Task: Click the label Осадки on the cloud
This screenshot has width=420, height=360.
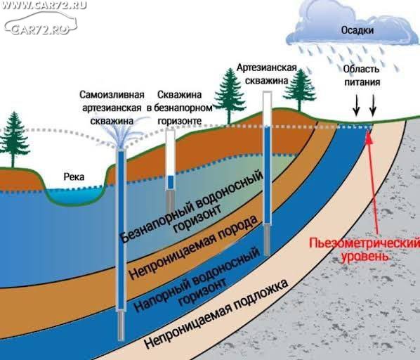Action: click(357, 30)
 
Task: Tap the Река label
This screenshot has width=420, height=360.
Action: click(74, 177)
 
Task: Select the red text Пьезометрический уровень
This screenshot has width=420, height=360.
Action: click(365, 250)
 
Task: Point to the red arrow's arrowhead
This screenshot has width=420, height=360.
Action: click(369, 136)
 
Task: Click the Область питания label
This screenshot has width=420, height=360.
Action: click(362, 75)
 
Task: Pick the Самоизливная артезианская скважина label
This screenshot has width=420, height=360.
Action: click(112, 108)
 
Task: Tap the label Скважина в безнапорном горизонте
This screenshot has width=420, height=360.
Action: click(180, 108)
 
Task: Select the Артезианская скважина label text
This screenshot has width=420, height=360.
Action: click(267, 74)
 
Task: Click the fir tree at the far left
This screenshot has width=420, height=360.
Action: click(13, 139)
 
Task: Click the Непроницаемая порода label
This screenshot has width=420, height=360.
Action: click(193, 248)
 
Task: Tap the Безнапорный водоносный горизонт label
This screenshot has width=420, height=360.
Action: click(192, 207)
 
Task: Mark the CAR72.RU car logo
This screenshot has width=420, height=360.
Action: click(40, 24)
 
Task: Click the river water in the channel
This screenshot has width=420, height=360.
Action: click(74, 195)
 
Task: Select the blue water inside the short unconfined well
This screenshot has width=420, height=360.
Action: click(171, 182)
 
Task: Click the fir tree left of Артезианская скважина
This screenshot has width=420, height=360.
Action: click(229, 96)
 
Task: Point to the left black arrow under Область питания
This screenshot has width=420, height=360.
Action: click(356, 105)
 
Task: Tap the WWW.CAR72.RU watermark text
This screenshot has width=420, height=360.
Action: click(44, 5)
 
